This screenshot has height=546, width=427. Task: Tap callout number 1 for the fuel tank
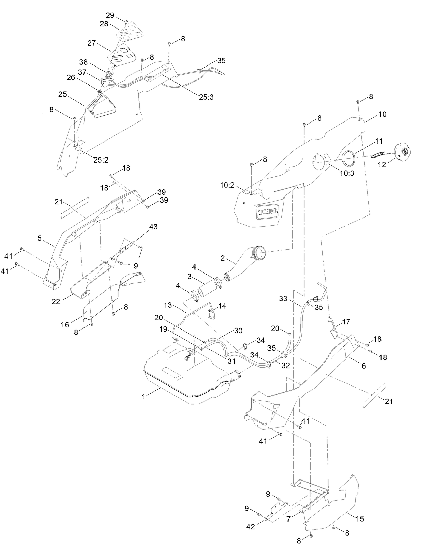pos(144,396)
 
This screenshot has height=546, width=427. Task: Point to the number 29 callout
pos(110,15)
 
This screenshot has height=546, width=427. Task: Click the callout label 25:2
pos(101,159)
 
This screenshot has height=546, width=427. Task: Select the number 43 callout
pos(153,227)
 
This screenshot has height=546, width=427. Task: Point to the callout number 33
pos(283,299)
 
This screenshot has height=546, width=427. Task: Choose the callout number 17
pos(346,321)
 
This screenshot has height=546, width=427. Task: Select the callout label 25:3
pos(206,97)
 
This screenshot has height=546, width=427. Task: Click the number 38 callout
pos(83,62)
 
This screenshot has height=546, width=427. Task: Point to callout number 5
pos(40,238)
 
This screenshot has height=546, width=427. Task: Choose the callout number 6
pos(364,366)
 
